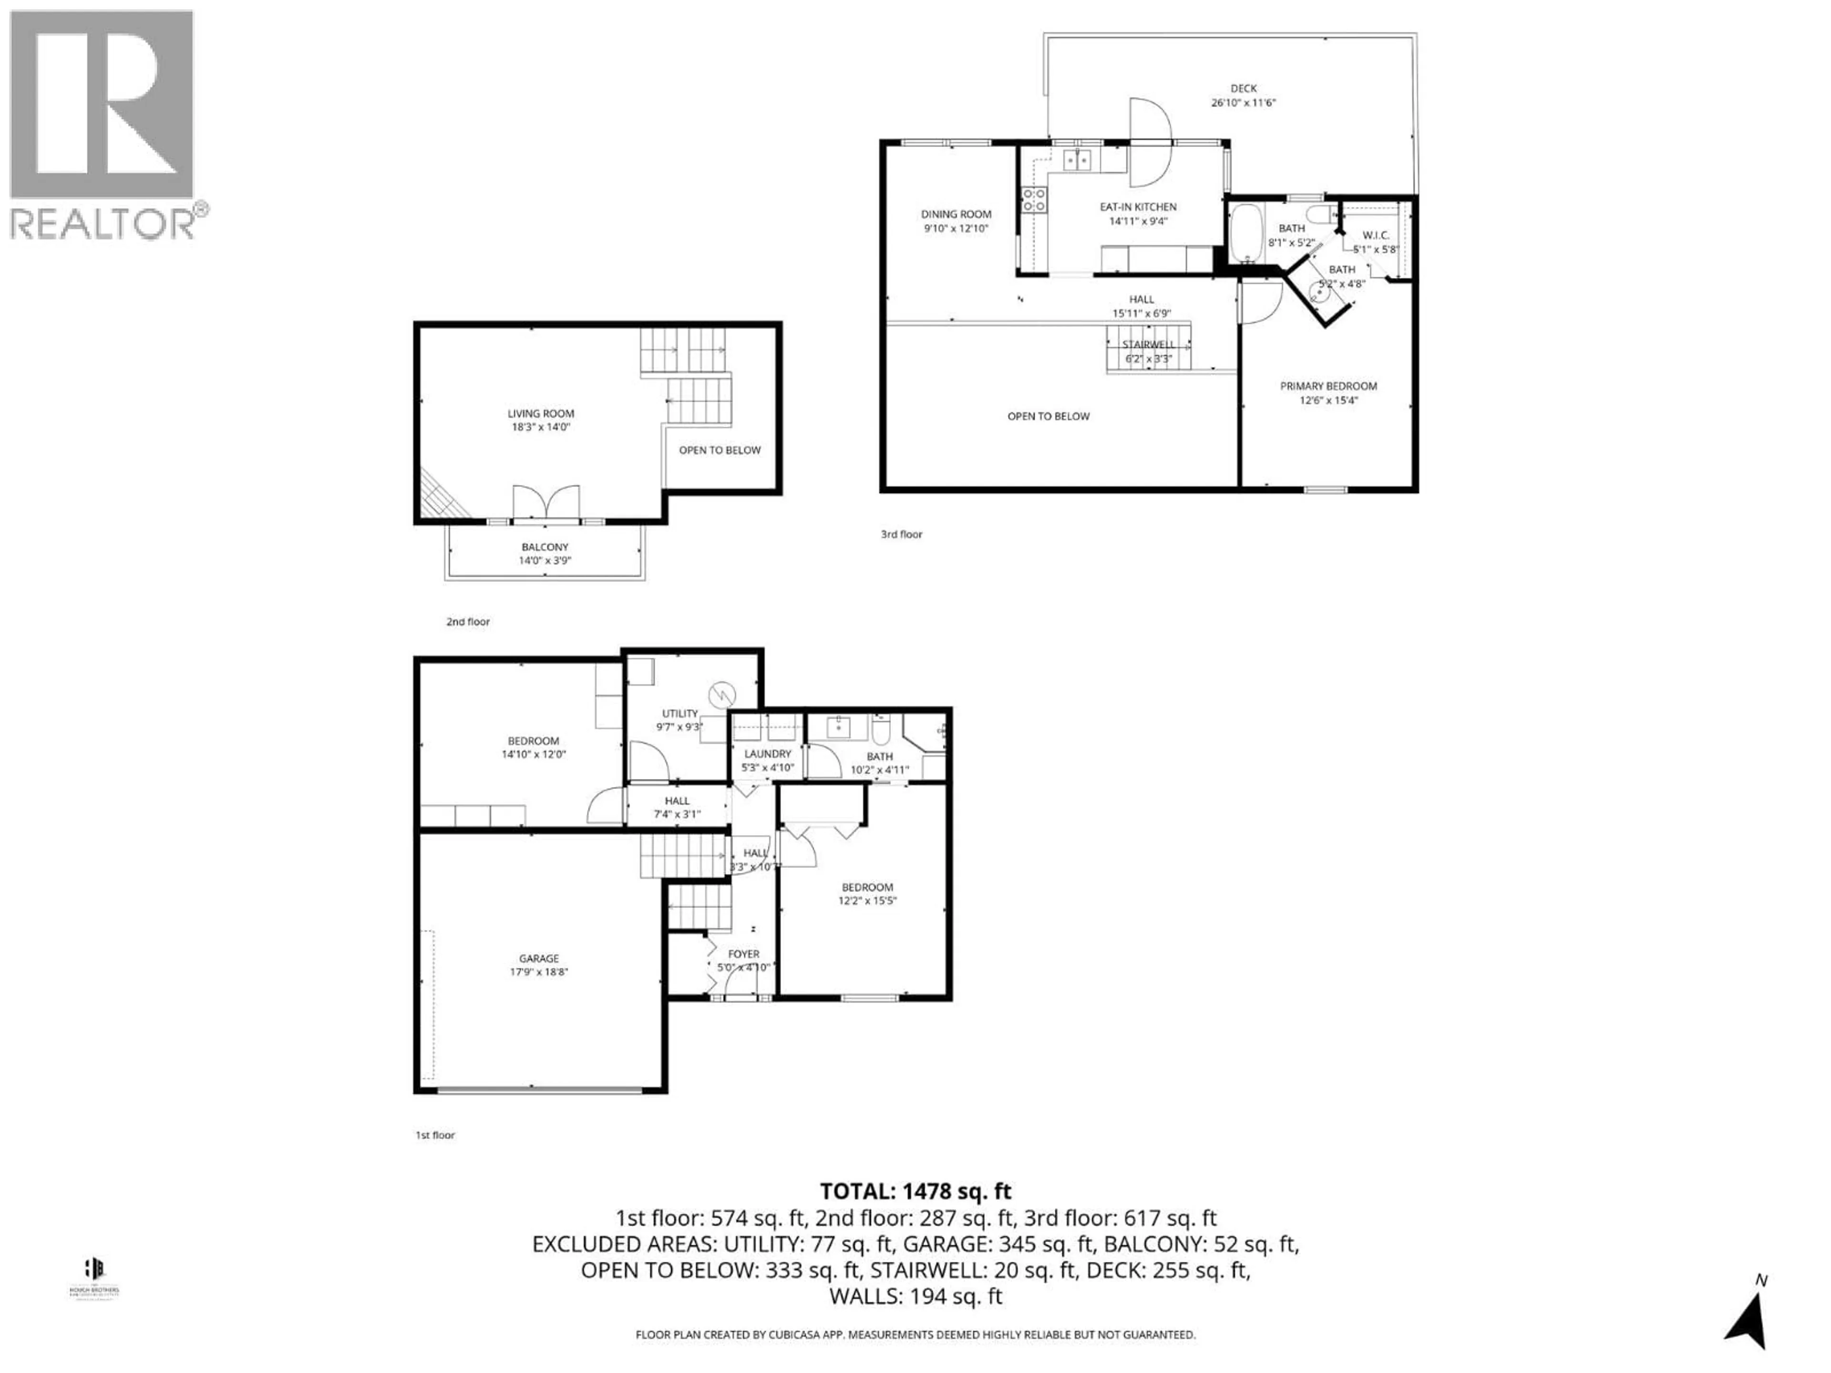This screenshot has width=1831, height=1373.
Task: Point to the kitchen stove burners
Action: (1033, 199)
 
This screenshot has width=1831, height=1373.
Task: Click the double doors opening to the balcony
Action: (545, 502)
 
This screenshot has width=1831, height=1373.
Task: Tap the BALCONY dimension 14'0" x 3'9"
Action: (545, 560)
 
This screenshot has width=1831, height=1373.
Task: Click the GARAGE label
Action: (539, 958)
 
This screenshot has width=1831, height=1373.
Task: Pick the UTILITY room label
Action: (679, 713)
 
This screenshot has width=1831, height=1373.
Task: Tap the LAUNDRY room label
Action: (767, 754)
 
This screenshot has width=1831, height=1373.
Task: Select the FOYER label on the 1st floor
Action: (743, 954)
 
